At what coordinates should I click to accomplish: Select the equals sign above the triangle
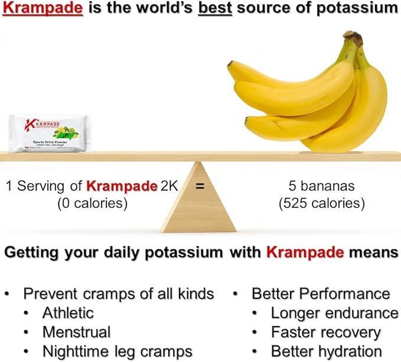click(x=200, y=186)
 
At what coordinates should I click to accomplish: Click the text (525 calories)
click(x=321, y=204)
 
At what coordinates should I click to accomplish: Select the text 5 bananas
click(x=321, y=186)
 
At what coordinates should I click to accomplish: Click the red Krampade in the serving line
click(x=120, y=186)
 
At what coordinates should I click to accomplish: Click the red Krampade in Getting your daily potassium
click(x=305, y=253)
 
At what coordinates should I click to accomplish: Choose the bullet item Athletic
click(x=67, y=313)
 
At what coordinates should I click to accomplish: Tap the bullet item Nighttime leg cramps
click(x=117, y=352)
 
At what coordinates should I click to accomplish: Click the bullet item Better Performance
click(x=321, y=294)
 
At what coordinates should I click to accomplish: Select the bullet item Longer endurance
click(x=334, y=313)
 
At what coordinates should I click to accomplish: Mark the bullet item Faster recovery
click(x=325, y=333)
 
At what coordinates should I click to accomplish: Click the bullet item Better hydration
click(x=326, y=352)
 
